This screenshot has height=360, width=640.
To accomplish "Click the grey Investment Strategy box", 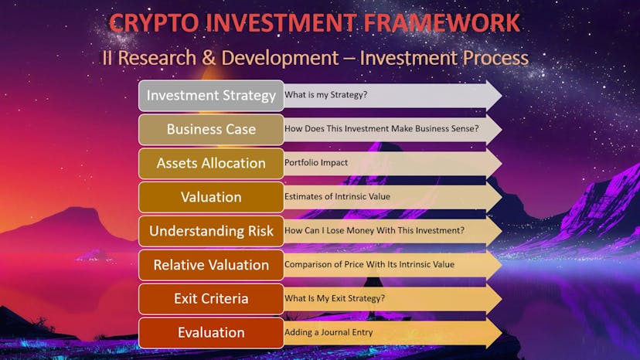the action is tap(211, 96).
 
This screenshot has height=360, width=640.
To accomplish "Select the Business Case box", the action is tap(211, 129).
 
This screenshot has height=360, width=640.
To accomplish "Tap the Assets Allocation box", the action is tap(211, 163).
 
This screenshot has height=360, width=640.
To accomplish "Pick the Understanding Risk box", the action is tap(211, 231).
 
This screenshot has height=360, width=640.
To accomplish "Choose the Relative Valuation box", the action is tap(211, 265).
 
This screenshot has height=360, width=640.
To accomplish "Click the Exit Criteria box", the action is tap(211, 299).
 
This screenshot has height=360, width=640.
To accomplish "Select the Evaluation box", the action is tap(211, 333).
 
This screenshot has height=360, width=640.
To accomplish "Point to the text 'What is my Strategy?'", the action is tap(325, 95).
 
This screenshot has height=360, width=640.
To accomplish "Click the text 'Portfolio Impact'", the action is tap(316, 162).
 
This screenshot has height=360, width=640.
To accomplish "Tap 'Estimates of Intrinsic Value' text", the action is tap(337, 196).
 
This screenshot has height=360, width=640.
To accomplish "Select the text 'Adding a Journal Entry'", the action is tap(329, 332).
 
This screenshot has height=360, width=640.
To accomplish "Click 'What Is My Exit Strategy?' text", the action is tap(335, 298).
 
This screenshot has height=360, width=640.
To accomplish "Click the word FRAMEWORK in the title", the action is tap(441, 22).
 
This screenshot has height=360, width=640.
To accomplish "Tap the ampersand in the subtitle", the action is tap(208, 57).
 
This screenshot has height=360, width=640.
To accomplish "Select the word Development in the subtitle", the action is tap(280, 59).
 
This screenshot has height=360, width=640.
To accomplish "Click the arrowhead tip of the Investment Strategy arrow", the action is tap(502, 96).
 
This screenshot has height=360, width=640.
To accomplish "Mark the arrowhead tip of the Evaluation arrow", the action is tap(502, 333).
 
